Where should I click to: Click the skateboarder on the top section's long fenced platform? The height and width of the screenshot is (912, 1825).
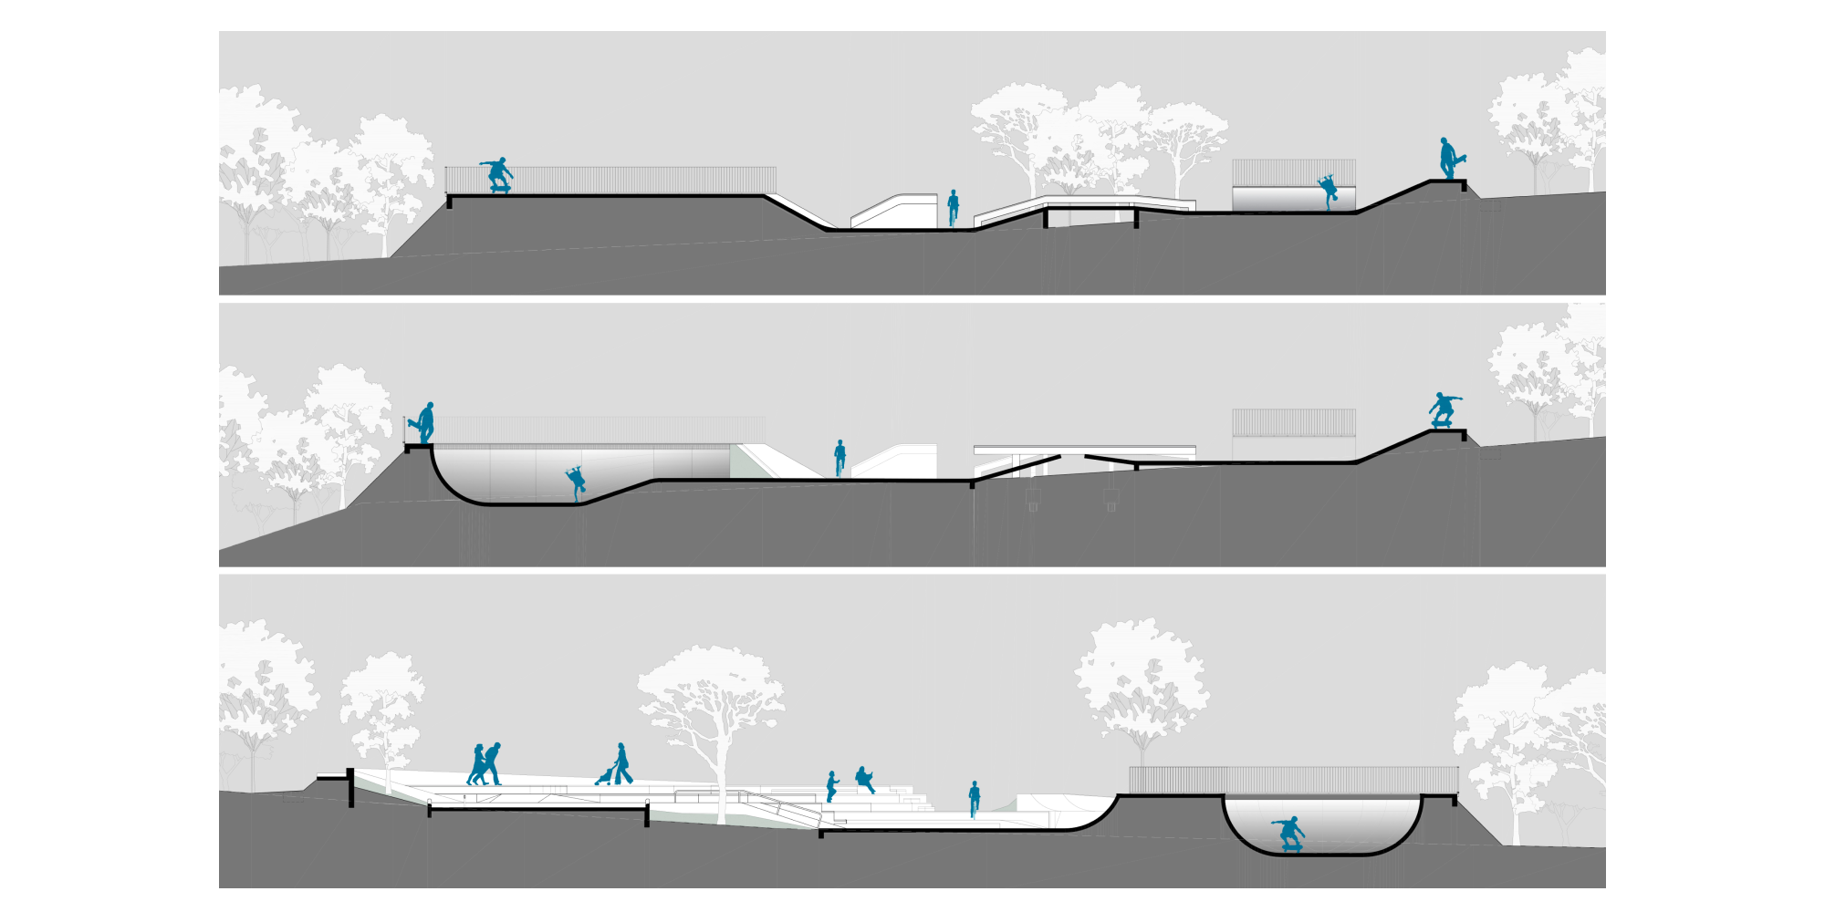pyautogui.click(x=497, y=174)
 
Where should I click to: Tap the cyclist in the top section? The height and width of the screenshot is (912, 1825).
pyautogui.click(x=953, y=208)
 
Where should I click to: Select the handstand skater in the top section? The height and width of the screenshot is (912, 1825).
pyautogui.click(x=1328, y=192)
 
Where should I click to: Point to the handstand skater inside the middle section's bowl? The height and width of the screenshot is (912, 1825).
pyautogui.click(x=576, y=482)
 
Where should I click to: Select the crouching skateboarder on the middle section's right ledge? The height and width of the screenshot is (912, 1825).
pyautogui.click(x=1443, y=409)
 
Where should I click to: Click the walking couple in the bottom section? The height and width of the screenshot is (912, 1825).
pyautogui.click(x=485, y=764)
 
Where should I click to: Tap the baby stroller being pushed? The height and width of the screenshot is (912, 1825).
pyautogui.click(x=604, y=776)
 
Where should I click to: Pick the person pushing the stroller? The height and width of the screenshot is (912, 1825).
pyautogui.click(x=622, y=764)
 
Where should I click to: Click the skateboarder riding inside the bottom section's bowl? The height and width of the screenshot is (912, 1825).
pyautogui.click(x=1289, y=834)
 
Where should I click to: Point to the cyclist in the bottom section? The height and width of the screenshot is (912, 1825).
pyautogui.click(x=974, y=799)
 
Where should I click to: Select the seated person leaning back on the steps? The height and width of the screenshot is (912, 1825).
pyautogui.click(x=863, y=779)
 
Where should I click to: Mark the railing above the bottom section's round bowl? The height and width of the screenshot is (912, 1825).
pyautogui.click(x=1293, y=780)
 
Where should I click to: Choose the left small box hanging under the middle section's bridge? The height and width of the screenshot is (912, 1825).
pyautogui.click(x=1033, y=499)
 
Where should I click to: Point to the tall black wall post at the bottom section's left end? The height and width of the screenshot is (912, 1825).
pyautogui.click(x=350, y=788)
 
